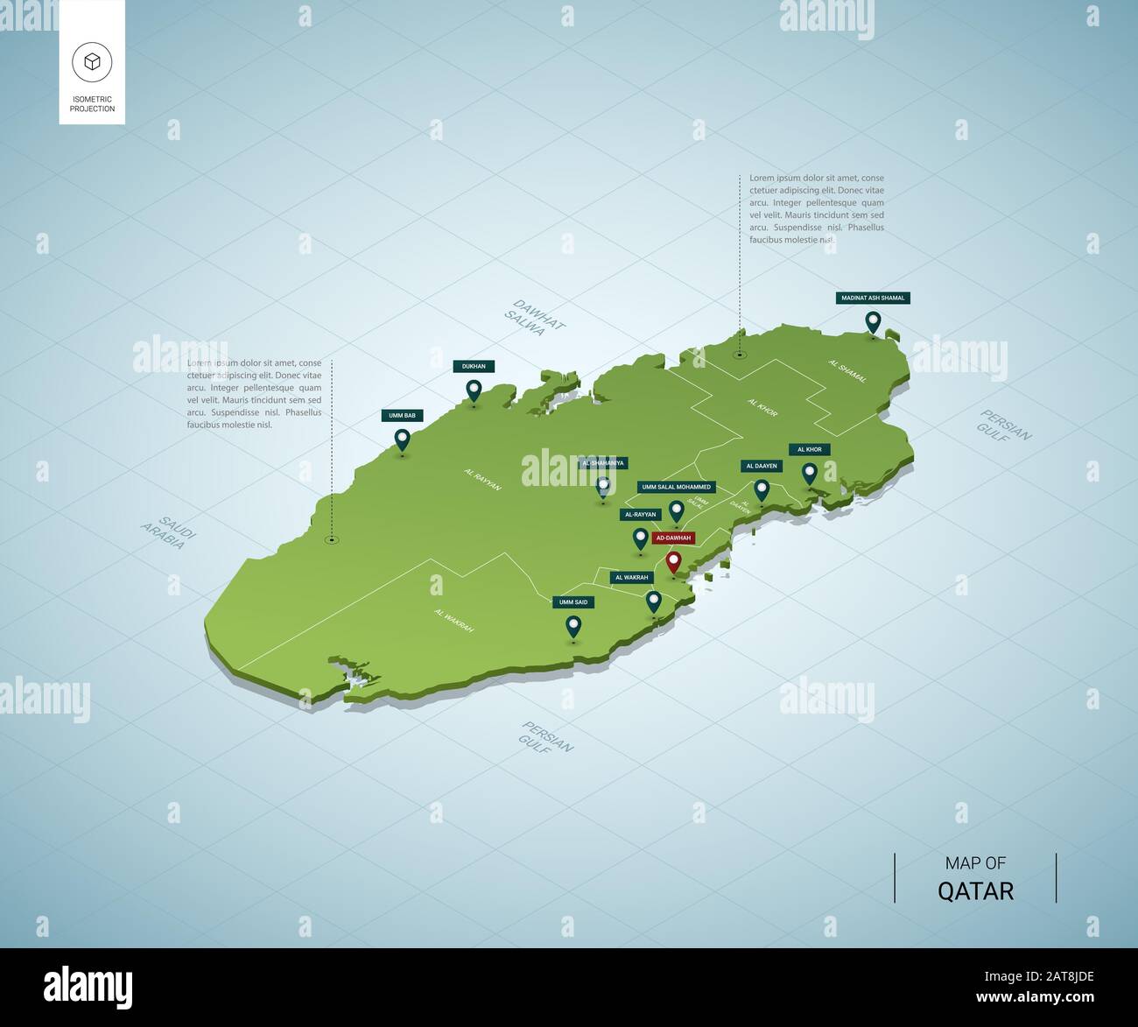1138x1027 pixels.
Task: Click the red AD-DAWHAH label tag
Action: pos(673,538)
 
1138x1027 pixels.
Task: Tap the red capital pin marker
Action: pos(673,561)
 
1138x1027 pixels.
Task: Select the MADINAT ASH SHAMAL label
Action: pos(872,298)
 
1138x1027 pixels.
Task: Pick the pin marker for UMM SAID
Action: pos(573,626)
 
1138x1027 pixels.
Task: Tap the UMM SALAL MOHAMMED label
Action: pos(677,487)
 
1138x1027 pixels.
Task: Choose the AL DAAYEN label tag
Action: pos(761,466)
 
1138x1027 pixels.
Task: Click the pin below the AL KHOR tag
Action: pos(810,473)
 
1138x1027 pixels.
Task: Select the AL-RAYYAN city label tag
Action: pos(640,515)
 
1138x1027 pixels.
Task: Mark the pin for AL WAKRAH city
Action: pos(654,601)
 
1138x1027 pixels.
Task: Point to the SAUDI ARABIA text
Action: pos(167,532)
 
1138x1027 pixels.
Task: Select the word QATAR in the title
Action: pos(975,891)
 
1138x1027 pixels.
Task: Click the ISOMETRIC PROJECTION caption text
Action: pos(92,104)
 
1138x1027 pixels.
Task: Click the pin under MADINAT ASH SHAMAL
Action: pos(872,322)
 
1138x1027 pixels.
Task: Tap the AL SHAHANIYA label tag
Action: pos(604,463)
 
